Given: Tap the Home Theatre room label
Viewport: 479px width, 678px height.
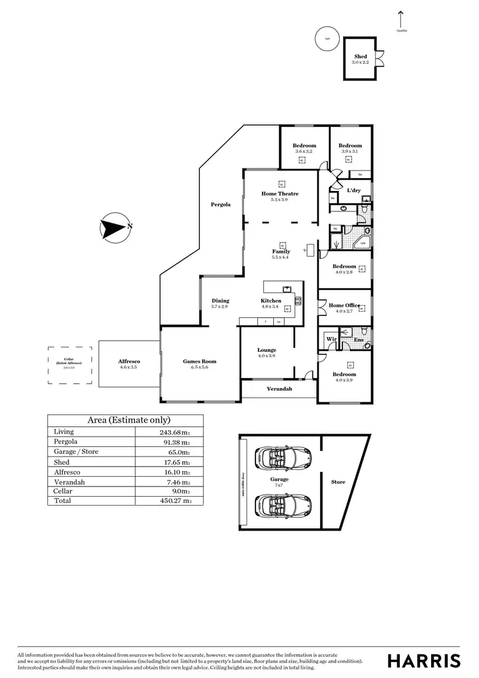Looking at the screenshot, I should [280, 193].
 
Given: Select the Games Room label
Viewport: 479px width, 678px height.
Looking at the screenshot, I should [199, 361].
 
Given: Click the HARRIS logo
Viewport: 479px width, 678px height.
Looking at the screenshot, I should [424, 660].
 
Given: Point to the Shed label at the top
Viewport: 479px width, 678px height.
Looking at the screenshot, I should [360, 57].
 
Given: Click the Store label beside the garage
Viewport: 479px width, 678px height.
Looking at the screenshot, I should [338, 482].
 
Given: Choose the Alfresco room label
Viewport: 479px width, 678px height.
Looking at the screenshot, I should [128, 361].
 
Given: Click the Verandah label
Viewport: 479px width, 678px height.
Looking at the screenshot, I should [278, 388].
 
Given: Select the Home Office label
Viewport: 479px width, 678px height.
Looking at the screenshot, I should [344, 306].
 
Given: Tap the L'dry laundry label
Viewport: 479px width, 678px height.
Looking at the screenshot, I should [353, 190].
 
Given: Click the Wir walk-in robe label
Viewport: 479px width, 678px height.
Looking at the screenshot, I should [331, 339].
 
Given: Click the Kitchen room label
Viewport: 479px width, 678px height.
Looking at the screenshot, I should [271, 301].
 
